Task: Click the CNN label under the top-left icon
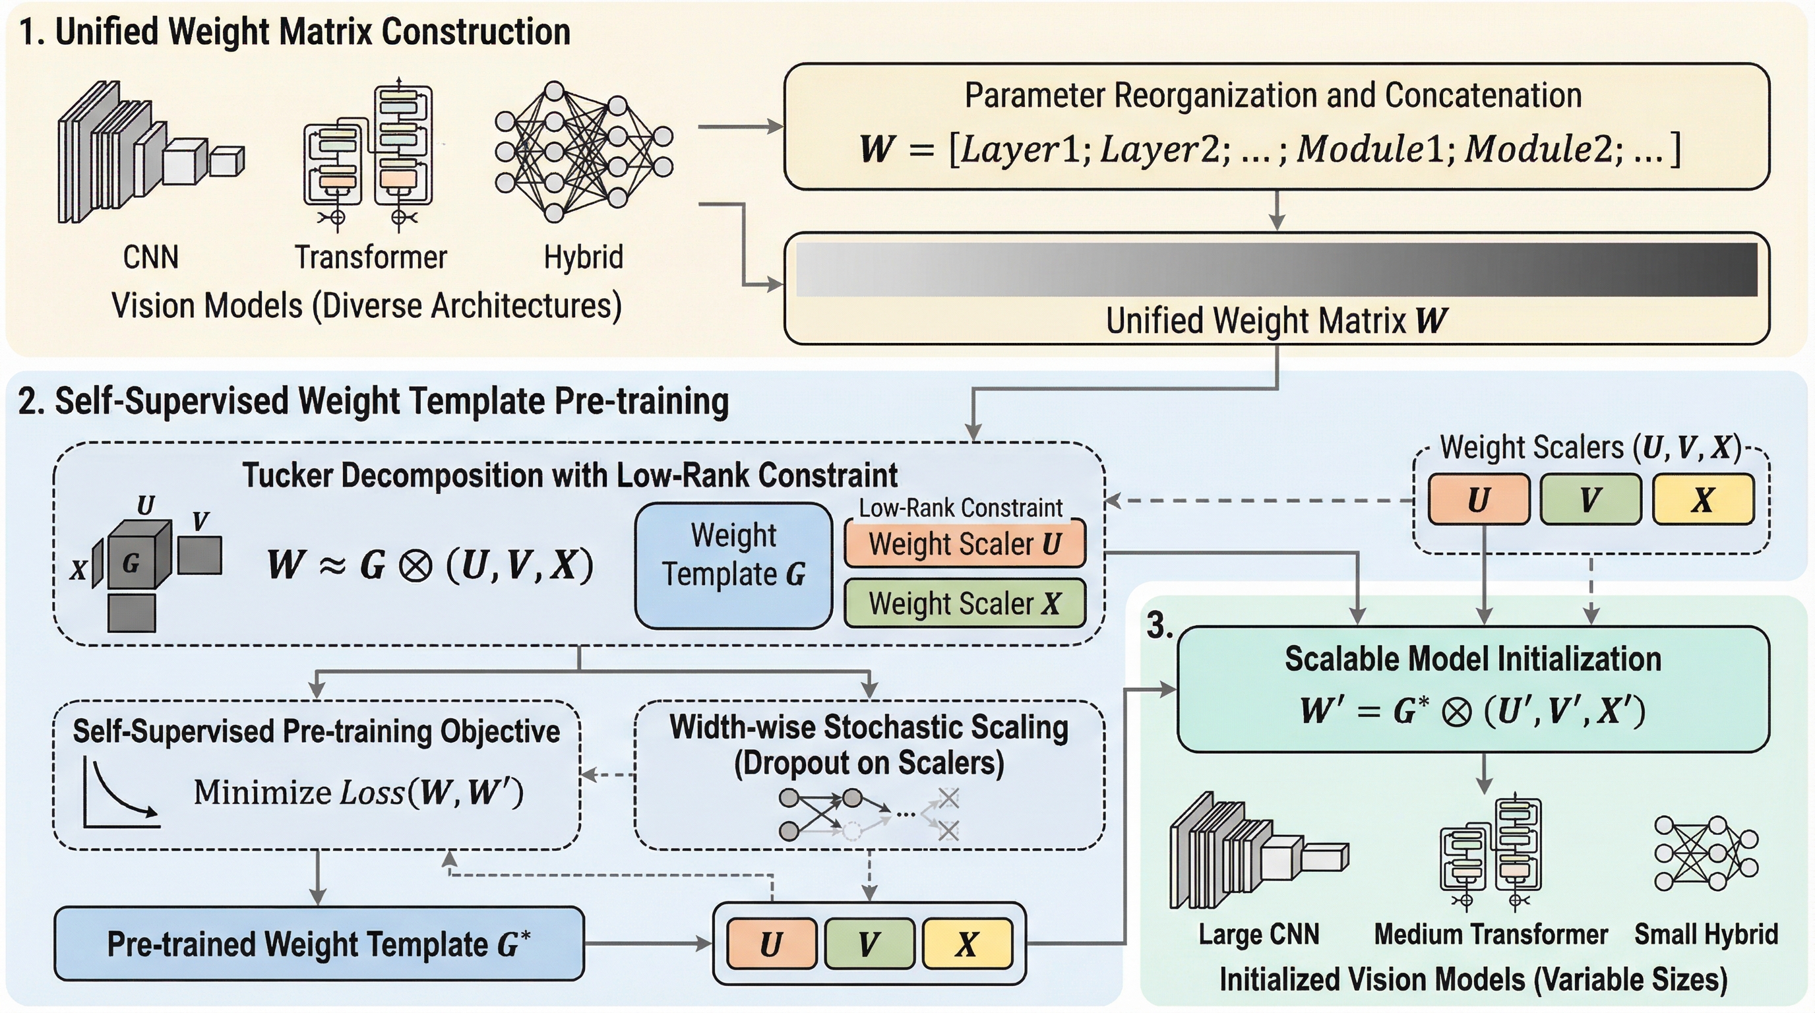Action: tap(150, 257)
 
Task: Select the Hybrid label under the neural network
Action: tap(584, 257)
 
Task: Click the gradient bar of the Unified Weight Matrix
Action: tap(1276, 269)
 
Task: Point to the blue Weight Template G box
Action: tap(733, 565)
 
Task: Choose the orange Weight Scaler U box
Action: tap(965, 544)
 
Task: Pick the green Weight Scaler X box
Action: tap(965, 603)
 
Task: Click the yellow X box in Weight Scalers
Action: tap(1703, 499)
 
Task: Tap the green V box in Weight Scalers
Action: tap(1590, 499)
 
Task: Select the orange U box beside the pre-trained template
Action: tap(772, 944)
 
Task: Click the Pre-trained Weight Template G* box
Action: tap(319, 944)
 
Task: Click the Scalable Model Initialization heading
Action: tap(1473, 660)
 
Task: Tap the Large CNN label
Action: tap(1258, 934)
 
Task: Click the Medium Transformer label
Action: tap(1491, 934)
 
